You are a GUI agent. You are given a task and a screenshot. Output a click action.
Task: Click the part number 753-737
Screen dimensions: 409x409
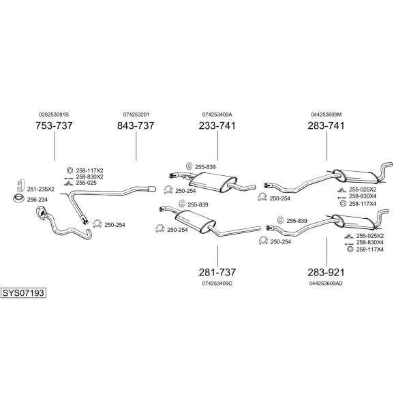click(54, 125)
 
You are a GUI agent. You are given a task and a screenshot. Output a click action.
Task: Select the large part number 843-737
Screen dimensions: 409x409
click(136, 125)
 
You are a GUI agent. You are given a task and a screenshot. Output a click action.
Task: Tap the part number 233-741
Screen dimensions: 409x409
click(217, 125)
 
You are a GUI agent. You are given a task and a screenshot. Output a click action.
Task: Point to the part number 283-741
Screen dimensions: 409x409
click(326, 125)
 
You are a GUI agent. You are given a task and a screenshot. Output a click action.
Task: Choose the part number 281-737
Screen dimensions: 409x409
click(217, 272)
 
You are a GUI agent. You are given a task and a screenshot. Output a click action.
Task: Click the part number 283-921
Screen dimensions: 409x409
click(326, 272)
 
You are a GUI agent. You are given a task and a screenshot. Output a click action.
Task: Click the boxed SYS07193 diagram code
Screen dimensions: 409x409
click(23, 293)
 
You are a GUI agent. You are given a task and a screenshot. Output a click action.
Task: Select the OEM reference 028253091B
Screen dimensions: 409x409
click(54, 115)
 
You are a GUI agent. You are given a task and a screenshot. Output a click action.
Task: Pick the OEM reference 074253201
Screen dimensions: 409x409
click(136, 115)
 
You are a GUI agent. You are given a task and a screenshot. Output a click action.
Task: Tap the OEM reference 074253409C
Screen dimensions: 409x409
click(217, 284)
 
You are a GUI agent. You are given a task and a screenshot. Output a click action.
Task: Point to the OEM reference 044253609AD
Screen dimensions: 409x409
click(326, 284)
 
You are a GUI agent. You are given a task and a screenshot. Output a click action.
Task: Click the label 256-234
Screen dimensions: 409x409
click(37, 200)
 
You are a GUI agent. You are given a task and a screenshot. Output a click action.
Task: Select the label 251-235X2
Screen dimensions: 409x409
click(41, 189)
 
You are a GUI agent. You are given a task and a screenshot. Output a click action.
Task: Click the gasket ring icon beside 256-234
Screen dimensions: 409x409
click(18, 198)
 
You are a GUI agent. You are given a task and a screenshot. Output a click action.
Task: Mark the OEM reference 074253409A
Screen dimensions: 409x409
click(217, 115)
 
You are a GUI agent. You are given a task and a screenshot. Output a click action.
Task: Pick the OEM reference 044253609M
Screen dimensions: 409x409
click(326, 115)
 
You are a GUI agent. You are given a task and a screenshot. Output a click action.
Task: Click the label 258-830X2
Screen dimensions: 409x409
click(89, 177)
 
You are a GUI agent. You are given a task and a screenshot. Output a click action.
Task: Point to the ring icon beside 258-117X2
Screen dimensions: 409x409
click(70, 170)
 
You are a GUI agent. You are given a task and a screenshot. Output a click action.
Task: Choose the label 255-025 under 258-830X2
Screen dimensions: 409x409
click(86, 183)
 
